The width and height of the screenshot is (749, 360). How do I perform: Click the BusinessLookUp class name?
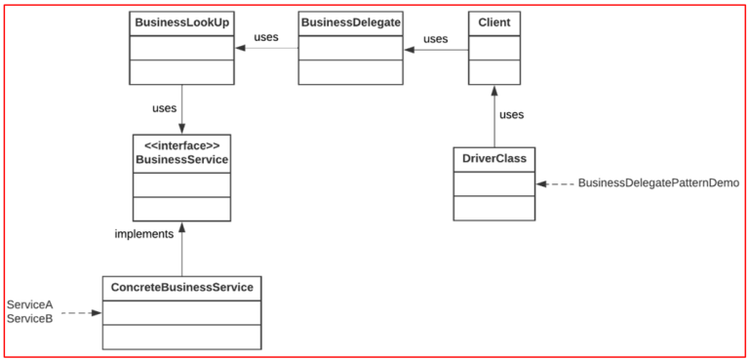(x=181, y=22)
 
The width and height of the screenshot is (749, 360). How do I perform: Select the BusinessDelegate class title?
(x=350, y=22)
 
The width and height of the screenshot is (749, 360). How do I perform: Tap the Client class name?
(x=493, y=22)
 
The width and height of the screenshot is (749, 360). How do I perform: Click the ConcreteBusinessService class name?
(x=181, y=288)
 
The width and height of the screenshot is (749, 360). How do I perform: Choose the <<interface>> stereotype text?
(x=181, y=145)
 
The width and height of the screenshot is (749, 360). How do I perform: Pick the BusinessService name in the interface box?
(x=181, y=160)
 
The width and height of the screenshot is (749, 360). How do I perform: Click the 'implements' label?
(x=143, y=234)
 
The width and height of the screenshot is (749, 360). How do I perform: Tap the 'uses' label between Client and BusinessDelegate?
(x=435, y=39)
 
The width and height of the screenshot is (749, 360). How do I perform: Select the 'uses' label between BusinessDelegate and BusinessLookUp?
(x=266, y=38)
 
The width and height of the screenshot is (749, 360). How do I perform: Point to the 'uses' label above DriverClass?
(x=511, y=114)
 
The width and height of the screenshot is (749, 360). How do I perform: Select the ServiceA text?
(x=29, y=305)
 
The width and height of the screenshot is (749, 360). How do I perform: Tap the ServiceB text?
(x=29, y=319)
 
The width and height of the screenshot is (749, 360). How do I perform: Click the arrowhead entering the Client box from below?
(x=493, y=90)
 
